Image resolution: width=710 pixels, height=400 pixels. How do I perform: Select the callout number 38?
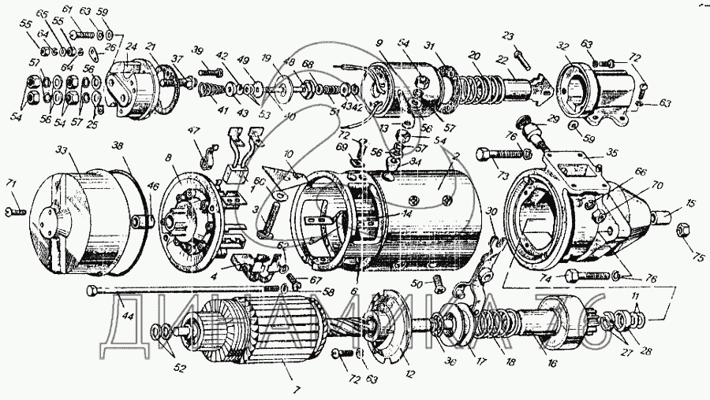[x=118, y=146]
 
